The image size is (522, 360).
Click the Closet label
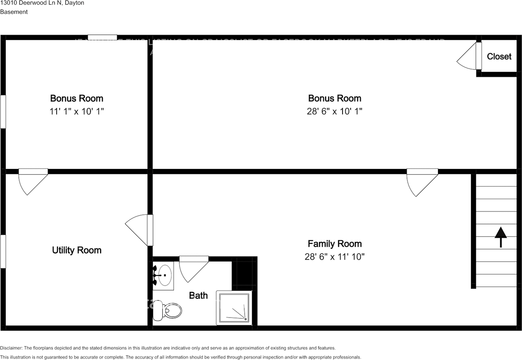click(x=499, y=56)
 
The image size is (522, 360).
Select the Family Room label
click(x=334, y=244)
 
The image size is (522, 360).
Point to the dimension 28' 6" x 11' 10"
click(x=334, y=257)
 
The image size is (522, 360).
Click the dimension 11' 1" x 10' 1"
click(x=77, y=111)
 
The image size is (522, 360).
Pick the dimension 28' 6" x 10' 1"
click(x=334, y=111)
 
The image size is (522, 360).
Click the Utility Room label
click(x=77, y=250)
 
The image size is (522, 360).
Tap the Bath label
click(x=198, y=295)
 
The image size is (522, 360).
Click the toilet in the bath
click(x=167, y=311)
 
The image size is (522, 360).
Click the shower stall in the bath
click(x=234, y=308)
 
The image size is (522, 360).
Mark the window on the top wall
click(x=102, y=38)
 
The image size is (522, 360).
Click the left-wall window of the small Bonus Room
click(x=3, y=111)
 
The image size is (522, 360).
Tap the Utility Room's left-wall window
click(x=3, y=251)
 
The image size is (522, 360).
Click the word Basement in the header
click(x=14, y=12)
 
